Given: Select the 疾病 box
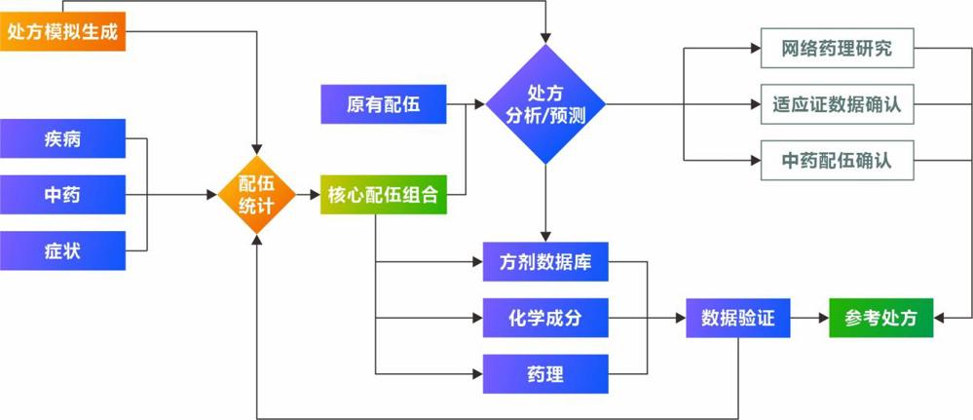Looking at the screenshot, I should coord(62,139).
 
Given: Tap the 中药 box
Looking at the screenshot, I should coord(62,195).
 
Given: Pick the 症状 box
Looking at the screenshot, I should coord(62,251).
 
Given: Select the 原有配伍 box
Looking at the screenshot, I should coord(383,103).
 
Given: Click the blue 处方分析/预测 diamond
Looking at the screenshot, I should coord(545,103).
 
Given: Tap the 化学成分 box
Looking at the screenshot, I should coord(545,317).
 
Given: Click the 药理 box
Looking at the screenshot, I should coord(545,372).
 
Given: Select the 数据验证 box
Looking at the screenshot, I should coord(737,317).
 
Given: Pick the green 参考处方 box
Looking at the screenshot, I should coord(880,317).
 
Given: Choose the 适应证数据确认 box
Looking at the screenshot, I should coord(837,103).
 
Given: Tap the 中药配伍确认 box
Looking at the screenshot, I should coord(837,159).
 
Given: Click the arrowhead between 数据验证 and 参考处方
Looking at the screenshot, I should coord(822,317).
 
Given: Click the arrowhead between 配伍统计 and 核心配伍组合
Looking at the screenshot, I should coord(317,195).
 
